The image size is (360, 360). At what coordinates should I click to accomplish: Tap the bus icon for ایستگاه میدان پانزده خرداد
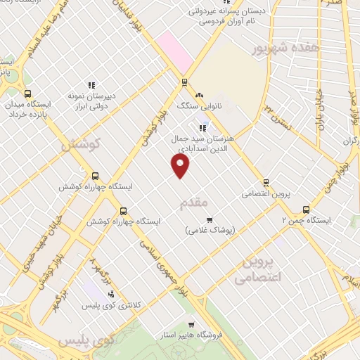(27, 94)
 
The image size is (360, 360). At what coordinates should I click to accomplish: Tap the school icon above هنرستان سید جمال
(203, 127)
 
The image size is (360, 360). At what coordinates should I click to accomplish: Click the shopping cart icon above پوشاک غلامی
(209, 219)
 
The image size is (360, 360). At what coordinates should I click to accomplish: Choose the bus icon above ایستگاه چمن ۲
(305, 209)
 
